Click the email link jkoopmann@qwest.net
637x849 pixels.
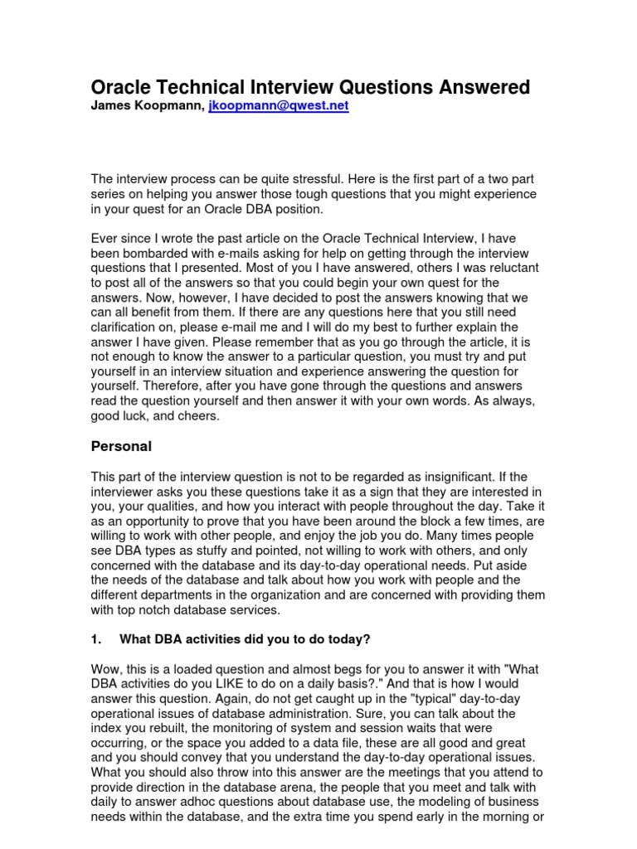278,108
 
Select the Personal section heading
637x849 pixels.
120,446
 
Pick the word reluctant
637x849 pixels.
508,268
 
